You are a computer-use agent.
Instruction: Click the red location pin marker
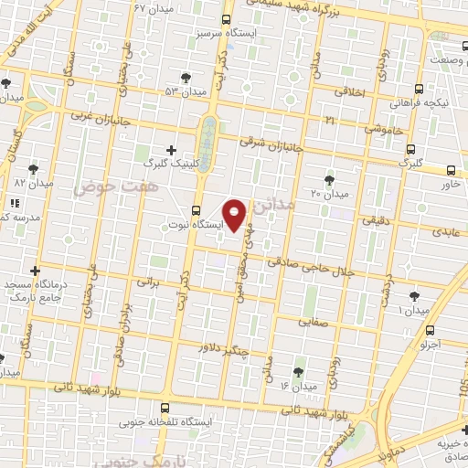pos(235,215)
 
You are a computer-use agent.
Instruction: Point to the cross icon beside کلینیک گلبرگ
pos(172,149)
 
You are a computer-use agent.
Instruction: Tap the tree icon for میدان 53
pos(187,78)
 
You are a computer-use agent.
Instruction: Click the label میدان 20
pos(330,194)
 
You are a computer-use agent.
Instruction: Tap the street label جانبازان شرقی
pos(271,144)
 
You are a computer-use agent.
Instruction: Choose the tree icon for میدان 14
pos(297,371)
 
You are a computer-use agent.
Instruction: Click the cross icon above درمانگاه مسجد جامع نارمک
pos(35,271)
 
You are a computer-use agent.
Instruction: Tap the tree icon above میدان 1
pos(414,296)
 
